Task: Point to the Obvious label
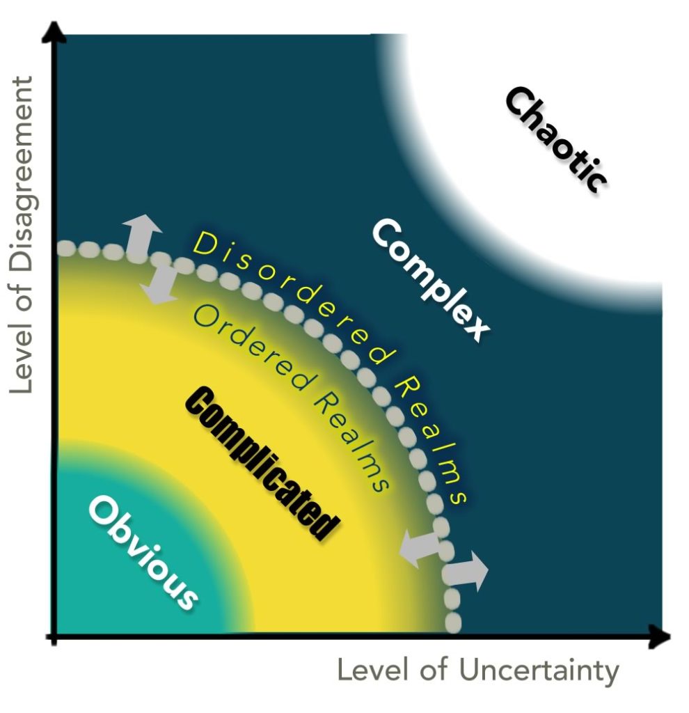[143, 554]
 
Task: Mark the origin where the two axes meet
[54, 636]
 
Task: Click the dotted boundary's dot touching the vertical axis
[65, 248]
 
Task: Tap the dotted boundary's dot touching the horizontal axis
[453, 622]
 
